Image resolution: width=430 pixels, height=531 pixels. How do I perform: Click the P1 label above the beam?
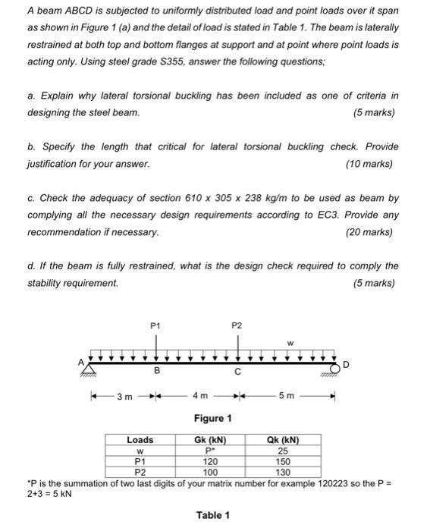coord(156,325)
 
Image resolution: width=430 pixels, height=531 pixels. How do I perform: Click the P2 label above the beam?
coord(237,325)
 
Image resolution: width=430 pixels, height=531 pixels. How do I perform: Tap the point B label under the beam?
coord(157,372)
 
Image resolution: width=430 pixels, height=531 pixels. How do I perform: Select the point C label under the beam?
coord(237,372)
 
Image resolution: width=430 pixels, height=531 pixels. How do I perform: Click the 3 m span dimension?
coord(124,396)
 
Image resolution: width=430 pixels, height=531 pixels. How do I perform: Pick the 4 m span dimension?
coord(199,396)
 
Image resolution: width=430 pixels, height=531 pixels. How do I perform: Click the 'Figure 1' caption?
coord(213,418)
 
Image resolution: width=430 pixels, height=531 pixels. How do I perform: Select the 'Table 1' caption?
coord(213,515)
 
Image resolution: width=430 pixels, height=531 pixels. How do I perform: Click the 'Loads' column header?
coord(140,440)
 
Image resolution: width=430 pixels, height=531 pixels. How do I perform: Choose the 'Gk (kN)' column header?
coord(210,440)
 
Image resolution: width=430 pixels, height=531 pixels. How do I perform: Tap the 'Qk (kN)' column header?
coord(283,440)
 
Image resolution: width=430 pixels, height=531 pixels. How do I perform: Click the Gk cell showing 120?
coord(210,460)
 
